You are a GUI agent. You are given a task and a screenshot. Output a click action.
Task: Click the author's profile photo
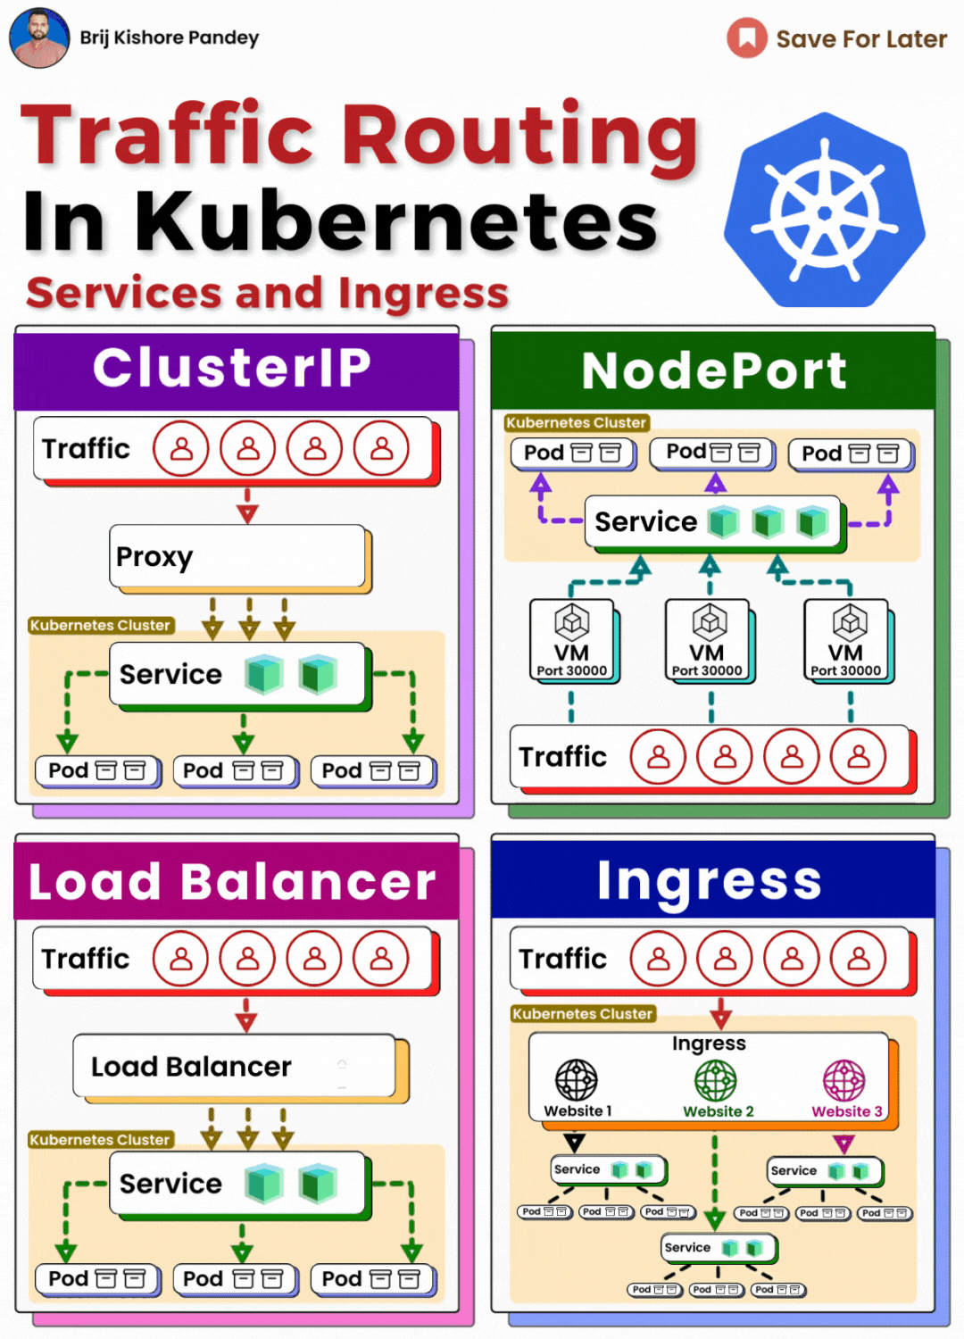click(39, 37)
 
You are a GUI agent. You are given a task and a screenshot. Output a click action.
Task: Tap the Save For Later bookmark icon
click(746, 38)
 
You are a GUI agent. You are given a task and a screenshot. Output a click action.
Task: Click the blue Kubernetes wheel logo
click(825, 212)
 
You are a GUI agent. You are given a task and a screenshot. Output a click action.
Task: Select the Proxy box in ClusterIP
click(237, 556)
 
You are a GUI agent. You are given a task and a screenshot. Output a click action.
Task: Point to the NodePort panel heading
click(713, 370)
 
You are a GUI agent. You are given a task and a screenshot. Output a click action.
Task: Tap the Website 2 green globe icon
click(716, 1080)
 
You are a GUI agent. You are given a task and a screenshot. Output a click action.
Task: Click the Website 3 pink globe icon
click(843, 1080)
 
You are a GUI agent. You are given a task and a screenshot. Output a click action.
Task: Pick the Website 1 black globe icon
click(577, 1080)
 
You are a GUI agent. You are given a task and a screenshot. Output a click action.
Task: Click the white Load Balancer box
click(234, 1066)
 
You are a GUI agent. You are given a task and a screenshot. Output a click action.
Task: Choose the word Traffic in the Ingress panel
click(563, 959)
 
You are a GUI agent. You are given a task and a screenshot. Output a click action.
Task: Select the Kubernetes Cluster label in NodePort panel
click(576, 422)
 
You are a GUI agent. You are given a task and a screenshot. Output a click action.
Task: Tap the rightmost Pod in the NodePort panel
click(850, 453)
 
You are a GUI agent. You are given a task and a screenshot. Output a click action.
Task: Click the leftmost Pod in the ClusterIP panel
click(96, 770)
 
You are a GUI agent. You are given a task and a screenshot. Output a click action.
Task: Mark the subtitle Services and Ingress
click(267, 293)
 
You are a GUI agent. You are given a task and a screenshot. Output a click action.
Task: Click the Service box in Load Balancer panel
click(238, 1184)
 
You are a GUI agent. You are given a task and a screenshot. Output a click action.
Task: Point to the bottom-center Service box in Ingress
click(718, 1247)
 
